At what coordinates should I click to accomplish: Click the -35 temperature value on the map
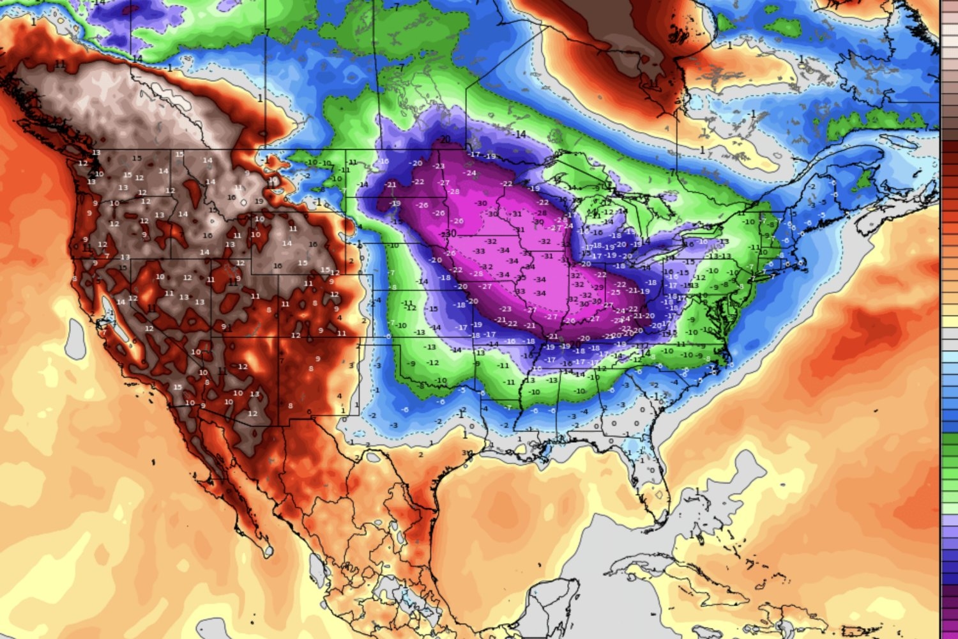pyautogui.click(x=521, y=278)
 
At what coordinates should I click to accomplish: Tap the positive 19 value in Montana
pyautogui.click(x=259, y=201)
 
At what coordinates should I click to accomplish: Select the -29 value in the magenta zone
pyautogui.click(x=598, y=288)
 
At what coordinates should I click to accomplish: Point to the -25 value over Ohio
pyautogui.click(x=615, y=293)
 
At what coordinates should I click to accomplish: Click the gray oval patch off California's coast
pyautogui.click(x=75, y=338)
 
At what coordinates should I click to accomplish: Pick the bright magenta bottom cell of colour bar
pyautogui.click(x=950, y=629)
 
